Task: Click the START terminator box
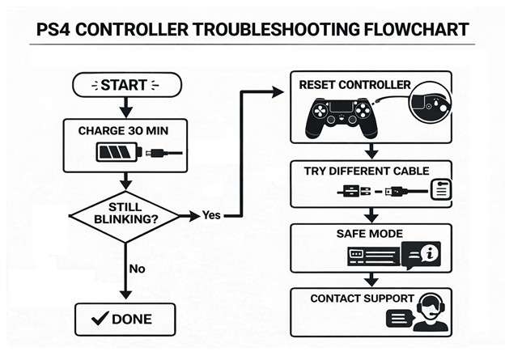(125, 84)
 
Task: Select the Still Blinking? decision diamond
(125, 215)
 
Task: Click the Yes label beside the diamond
(208, 216)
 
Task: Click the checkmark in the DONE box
(102, 319)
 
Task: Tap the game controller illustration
(339, 115)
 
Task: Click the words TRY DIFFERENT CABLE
(366, 171)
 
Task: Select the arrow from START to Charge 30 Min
(125, 107)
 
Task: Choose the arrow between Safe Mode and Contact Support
(371, 280)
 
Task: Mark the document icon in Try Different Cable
(438, 191)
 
